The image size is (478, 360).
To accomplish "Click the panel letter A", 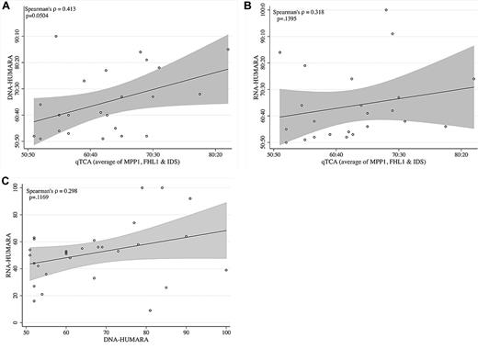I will [5, 6].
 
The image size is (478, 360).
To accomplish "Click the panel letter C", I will [5, 182].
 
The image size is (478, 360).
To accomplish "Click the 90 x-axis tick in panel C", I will [186, 334].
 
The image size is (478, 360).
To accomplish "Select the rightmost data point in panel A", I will [227, 49].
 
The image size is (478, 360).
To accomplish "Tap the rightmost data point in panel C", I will [225, 270].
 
